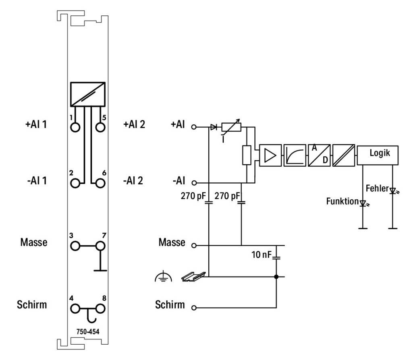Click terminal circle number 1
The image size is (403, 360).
pyautogui.click(x=75, y=127)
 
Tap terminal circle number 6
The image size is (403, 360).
pyautogui.click(x=100, y=183)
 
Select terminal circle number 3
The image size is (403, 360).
pyautogui.click(x=75, y=246)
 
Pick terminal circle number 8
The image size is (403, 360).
pyautogui.click(x=100, y=308)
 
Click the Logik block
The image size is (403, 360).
pyautogui.click(x=378, y=155)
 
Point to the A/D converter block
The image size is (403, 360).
pyautogui.click(x=319, y=155)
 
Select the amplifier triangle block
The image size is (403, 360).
pyautogui.click(x=270, y=155)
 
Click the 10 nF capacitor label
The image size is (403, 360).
pyautogui.click(x=262, y=254)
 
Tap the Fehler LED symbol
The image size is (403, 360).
pyautogui.click(x=393, y=191)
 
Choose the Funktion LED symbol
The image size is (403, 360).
pyautogui.click(x=364, y=204)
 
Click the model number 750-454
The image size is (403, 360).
pyautogui.click(x=88, y=331)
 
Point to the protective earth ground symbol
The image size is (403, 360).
pyautogui.click(x=164, y=276)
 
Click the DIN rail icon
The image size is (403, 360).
pyautogui.click(x=193, y=277)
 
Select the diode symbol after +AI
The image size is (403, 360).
pyautogui.click(x=214, y=127)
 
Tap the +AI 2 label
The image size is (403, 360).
pyautogui.click(x=134, y=124)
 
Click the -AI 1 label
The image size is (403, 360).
pyautogui.click(x=37, y=180)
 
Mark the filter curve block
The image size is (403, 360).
pyautogui.click(x=295, y=155)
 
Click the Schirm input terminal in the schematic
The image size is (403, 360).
pyautogui.click(x=194, y=308)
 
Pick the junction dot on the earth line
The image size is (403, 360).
pyautogui.click(x=276, y=277)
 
